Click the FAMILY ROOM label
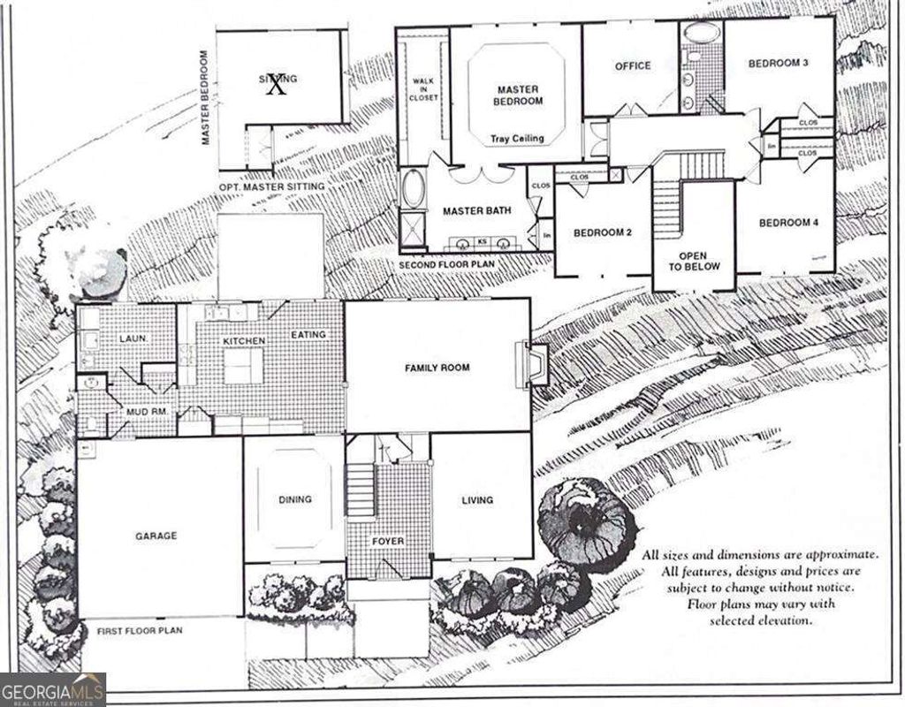point(437,368)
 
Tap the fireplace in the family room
point(536,363)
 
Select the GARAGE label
point(156,536)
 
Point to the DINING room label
point(294,499)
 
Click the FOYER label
point(388,541)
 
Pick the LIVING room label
point(477,500)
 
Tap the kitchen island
point(242,365)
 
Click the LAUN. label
point(133,338)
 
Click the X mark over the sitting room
point(277,85)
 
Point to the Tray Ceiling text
point(517,139)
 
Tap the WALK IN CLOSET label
point(422,89)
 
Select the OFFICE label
point(633,65)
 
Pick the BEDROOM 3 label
point(779,64)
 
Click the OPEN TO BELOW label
point(694,261)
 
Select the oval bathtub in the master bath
point(413,190)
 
